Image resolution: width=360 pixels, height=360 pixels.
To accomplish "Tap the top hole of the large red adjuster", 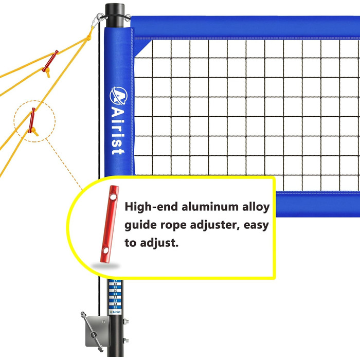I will tap(111, 196).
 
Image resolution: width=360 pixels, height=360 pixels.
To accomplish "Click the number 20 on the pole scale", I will tap(115, 290).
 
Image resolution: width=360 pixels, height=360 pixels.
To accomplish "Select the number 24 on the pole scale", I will tap(115, 303).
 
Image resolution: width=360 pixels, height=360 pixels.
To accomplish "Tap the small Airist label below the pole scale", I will tap(115, 312).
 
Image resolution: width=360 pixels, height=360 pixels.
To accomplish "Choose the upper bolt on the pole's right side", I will tap(127, 323).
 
